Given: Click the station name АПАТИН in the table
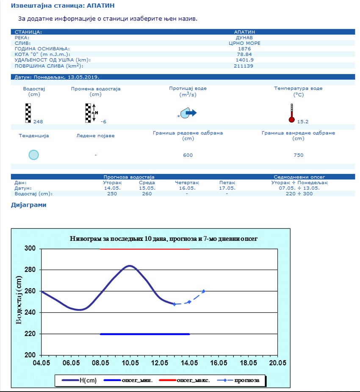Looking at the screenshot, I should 244,32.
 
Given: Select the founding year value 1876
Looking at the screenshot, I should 244,49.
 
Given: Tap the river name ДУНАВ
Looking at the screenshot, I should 244,37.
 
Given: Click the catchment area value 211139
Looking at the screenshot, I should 244,66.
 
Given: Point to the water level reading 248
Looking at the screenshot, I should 38,121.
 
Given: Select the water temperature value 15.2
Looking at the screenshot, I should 303,122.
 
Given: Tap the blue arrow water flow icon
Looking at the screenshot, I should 190,113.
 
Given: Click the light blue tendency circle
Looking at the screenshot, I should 33,155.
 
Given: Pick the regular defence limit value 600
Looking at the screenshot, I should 188,155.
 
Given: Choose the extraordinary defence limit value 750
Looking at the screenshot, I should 298,155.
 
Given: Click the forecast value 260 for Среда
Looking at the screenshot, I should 147,193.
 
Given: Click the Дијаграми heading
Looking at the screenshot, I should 28,205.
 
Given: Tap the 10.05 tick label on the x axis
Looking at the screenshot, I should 130,363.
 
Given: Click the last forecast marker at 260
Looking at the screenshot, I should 204,291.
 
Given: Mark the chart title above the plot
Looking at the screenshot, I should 163,239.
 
